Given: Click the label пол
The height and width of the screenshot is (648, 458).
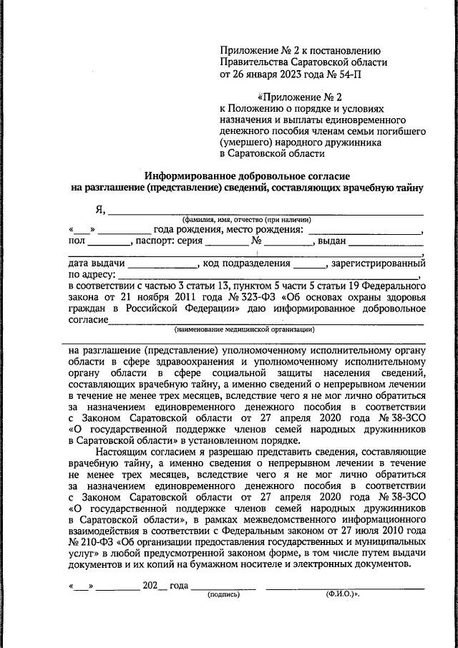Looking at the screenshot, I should tap(77, 241).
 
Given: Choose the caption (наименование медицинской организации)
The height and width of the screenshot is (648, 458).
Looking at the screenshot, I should tap(245, 329).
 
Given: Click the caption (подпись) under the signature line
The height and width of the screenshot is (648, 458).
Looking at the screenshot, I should tap(222, 595).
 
